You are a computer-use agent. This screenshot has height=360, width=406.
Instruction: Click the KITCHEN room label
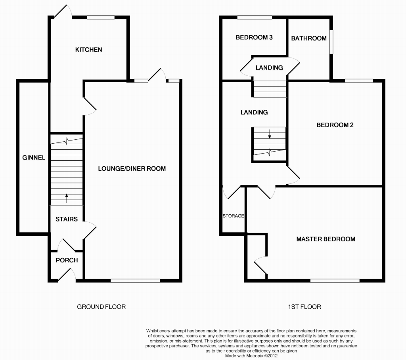89,50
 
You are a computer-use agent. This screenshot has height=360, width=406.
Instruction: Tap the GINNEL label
34,158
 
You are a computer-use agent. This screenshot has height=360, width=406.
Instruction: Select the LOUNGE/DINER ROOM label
132,169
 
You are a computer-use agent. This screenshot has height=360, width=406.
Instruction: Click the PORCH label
67,260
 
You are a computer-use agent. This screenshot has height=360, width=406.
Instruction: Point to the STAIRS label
66,219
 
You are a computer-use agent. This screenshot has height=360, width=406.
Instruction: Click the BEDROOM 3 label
254,38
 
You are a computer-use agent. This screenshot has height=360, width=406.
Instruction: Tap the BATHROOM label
309,39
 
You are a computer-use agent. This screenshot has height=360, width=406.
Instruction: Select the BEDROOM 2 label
335,125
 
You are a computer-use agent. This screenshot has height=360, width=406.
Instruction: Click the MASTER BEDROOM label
326,239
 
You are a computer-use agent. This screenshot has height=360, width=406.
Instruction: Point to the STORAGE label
233,216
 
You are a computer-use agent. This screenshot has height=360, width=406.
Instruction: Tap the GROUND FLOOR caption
101,307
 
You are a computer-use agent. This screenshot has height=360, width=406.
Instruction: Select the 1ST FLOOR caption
305,307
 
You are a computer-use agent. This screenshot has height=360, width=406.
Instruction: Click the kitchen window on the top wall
101,17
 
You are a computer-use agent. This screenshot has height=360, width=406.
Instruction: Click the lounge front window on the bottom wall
135,281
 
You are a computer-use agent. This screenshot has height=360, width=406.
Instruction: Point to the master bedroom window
335,281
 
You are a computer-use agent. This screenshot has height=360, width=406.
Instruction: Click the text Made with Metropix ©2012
252,356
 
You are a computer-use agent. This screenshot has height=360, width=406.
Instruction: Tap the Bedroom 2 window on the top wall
359,81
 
